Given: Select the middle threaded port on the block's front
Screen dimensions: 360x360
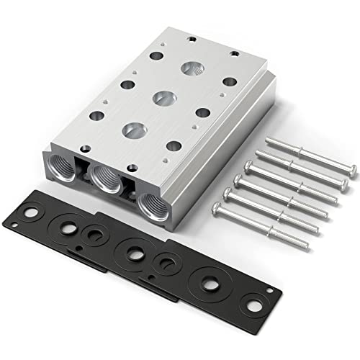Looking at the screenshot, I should point(107,178).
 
